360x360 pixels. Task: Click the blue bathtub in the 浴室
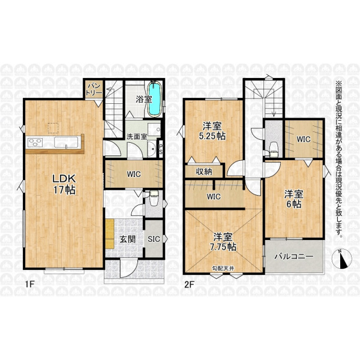(x=154, y=99)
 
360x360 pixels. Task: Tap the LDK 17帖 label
(x=64, y=184)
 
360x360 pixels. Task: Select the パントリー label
(x=94, y=90)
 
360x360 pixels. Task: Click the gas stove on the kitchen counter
(x=35, y=142)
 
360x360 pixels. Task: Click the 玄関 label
(x=128, y=239)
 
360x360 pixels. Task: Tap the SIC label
(x=154, y=239)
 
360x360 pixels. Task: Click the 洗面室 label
(x=137, y=137)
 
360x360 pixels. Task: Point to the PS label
(x=161, y=149)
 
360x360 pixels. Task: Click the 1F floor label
(x=29, y=284)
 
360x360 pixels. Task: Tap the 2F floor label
(x=190, y=284)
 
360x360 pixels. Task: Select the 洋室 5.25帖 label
(x=212, y=131)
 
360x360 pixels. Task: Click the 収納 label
(x=204, y=172)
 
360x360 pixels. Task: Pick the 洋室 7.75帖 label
(x=223, y=242)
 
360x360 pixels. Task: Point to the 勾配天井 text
(x=223, y=268)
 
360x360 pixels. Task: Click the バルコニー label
(x=294, y=256)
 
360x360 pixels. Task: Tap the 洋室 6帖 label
(x=294, y=199)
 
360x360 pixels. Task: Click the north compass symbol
(x=343, y=259)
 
